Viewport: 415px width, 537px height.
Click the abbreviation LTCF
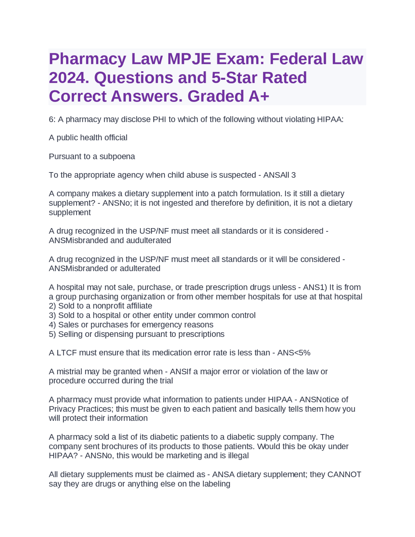[67, 353]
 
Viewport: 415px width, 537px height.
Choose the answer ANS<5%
[294, 353]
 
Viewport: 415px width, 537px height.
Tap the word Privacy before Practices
[62, 409]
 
